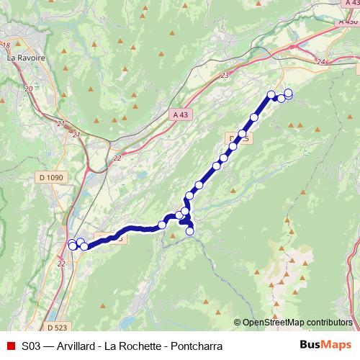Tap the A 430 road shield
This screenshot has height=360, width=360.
347,22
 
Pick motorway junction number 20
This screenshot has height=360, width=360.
29,88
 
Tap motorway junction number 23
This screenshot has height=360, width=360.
225,75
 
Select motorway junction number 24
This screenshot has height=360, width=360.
321,63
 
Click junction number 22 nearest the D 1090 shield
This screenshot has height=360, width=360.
117,156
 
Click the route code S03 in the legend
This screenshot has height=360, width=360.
31,346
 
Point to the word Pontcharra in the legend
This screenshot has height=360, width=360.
196,346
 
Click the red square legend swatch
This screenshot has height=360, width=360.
9,346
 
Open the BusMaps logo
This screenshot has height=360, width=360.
325,345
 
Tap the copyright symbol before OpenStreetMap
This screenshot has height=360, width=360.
238,322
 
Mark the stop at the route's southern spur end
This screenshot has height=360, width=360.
191,231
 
